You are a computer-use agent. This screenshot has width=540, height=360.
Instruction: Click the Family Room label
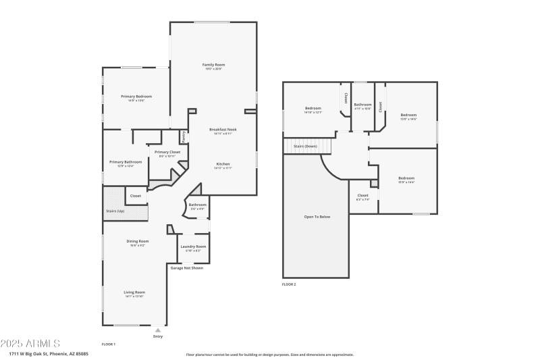click(213, 65)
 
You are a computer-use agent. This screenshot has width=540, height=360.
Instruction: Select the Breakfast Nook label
click(222, 129)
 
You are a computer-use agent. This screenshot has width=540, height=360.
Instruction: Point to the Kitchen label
click(223, 164)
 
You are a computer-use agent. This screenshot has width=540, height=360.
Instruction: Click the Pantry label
click(183, 137)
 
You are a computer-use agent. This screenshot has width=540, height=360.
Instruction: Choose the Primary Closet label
click(167, 152)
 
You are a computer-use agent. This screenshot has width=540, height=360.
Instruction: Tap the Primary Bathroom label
click(126, 161)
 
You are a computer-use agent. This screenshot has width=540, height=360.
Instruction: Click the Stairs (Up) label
click(115, 211)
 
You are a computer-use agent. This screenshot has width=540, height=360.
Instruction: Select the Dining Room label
click(137, 241)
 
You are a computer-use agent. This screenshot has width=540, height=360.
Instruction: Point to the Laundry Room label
click(193, 247)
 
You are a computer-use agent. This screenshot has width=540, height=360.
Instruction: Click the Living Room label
click(134, 292)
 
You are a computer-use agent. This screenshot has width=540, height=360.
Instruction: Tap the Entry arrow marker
click(158, 330)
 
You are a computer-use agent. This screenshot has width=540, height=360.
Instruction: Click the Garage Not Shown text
click(186, 267)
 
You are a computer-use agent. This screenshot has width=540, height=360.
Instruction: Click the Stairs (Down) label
click(305, 146)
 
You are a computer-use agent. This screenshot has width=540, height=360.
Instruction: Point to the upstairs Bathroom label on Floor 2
click(363, 105)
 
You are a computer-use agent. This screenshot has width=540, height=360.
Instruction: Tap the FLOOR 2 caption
click(289, 284)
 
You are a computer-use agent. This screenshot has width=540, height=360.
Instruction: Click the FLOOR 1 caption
click(108, 344)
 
